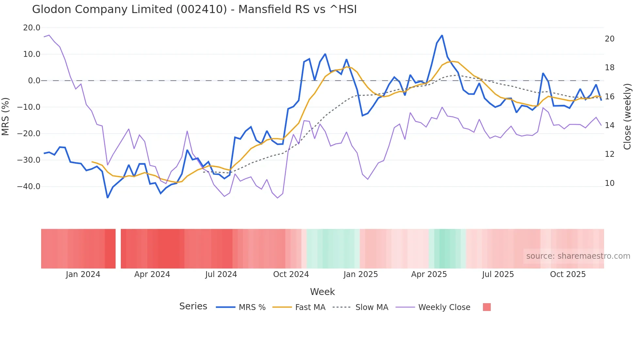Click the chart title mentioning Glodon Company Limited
tap(194, 9)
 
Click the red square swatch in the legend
tap(487, 307)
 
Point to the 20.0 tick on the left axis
tap(32, 28)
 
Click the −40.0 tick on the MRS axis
tap(29, 187)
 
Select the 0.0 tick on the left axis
tap(34, 81)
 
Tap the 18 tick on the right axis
tap(609, 68)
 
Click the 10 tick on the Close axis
tap(609, 183)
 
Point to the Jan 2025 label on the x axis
tap(360, 274)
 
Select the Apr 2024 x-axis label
tap(152, 274)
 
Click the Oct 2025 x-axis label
tap(568, 274)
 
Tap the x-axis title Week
tap(322, 292)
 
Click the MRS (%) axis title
tap(5, 116)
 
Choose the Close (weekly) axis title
tap(627, 116)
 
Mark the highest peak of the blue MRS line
tap(442, 35)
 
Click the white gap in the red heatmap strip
tap(118, 249)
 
